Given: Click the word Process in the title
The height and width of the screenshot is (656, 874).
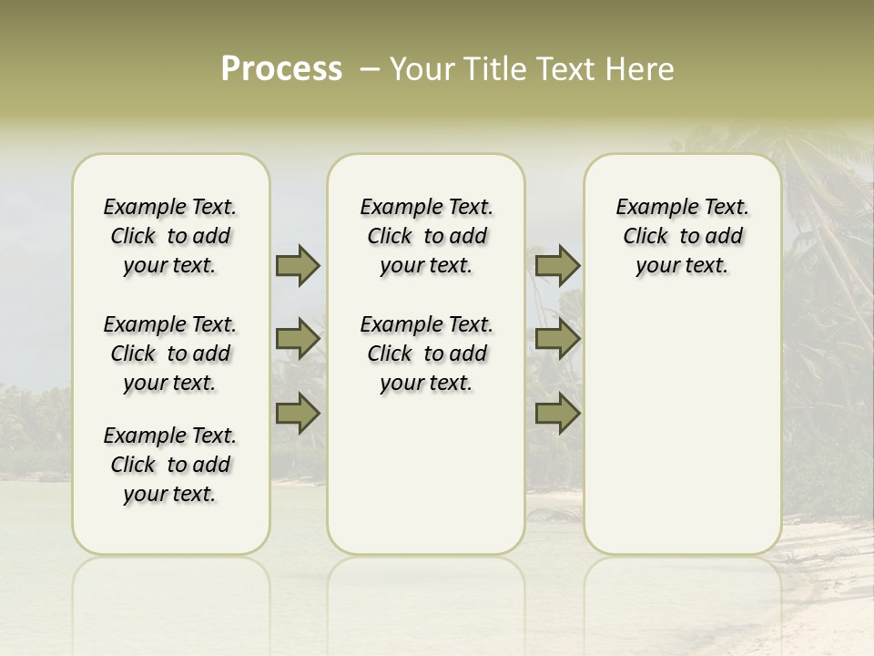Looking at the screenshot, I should pyautogui.click(x=281, y=69).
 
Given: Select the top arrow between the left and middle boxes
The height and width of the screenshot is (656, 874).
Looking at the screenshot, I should pyautogui.click(x=298, y=265).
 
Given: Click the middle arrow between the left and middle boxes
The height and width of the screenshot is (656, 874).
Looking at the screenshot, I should pyautogui.click(x=298, y=340).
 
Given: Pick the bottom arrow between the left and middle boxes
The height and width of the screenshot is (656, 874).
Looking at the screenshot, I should pyautogui.click(x=298, y=414).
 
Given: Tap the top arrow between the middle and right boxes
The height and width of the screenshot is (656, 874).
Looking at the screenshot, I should pyautogui.click(x=557, y=265).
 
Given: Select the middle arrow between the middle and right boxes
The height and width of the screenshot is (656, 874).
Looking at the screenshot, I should pyautogui.click(x=557, y=340).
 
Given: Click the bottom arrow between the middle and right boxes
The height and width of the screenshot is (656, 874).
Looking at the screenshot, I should pyautogui.click(x=557, y=414).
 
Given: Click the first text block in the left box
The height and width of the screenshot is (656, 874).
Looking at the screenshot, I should pyautogui.click(x=170, y=236).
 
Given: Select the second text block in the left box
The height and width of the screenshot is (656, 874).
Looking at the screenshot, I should pyautogui.click(x=170, y=354).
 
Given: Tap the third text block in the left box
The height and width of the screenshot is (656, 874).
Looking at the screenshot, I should pyautogui.click(x=170, y=465).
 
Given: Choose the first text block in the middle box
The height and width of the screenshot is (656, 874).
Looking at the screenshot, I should pyautogui.click(x=426, y=236).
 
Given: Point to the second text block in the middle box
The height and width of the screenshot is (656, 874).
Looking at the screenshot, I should pyautogui.click(x=426, y=354).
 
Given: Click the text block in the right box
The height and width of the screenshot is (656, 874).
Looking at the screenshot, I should pyautogui.click(x=682, y=236).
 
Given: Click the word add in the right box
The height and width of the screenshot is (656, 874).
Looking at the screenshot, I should pyautogui.click(x=724, y=236).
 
